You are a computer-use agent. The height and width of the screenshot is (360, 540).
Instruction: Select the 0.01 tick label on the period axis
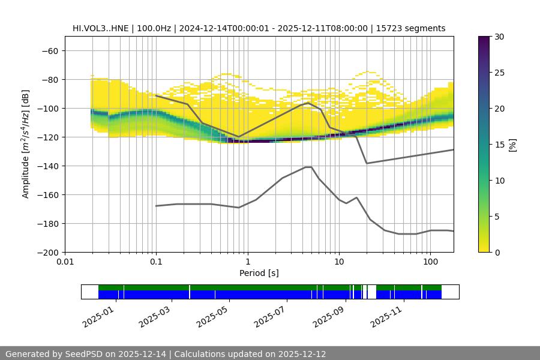tap(65, 262)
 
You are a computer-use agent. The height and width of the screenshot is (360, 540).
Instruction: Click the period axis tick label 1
tap(247, 262)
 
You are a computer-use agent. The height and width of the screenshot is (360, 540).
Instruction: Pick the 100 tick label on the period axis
tap(430, 262)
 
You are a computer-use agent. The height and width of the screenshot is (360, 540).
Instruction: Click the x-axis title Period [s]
tap(259, 273)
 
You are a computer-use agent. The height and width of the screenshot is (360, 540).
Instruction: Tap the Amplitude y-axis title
tap(26, 144)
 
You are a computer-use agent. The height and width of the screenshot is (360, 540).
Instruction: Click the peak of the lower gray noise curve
tap(308, 167)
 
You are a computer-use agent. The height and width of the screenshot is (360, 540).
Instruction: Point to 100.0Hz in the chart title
tap(157, 28)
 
